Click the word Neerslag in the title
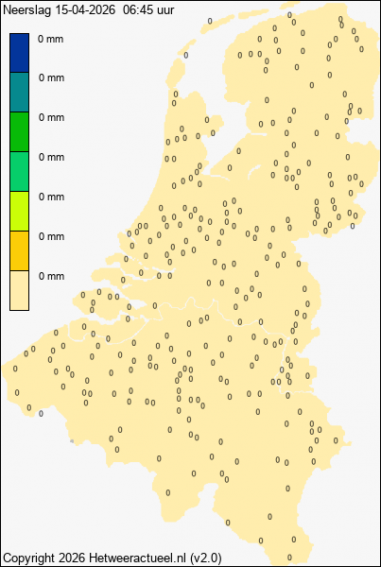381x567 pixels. coord(26,9)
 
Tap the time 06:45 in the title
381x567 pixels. coord(138,9)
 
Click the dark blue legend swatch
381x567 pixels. coord(19,53)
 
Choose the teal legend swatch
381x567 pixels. coord(19,93)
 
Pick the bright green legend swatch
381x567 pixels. coord(19,132)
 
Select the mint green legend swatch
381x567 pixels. coord(19,172)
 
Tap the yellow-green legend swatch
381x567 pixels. coord(19,212)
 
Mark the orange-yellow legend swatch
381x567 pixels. coord(19,251)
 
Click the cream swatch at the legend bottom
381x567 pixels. coord(19,291)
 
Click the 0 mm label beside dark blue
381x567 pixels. coord(51,39)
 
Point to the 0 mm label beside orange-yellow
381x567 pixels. coord(51,237)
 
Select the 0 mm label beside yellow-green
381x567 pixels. coord(51,198)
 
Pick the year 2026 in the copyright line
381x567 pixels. coord(75,557)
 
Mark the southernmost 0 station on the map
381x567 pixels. coord(290,558)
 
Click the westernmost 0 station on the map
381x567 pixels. coord(16,368)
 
